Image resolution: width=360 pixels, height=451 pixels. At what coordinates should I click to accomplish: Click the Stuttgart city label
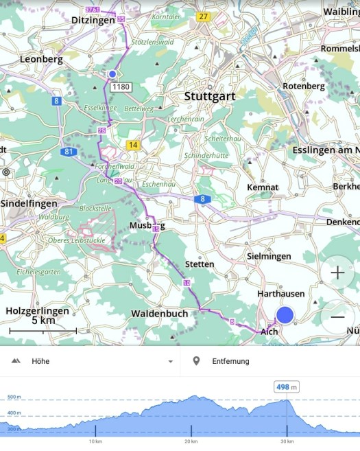pyautogui.click(x=209, y=96)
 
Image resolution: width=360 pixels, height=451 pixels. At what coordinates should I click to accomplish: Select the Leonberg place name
pyautogui.click(x=41, y=59)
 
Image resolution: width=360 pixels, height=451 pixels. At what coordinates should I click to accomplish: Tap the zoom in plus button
pyautogui.click(x=337, y=273)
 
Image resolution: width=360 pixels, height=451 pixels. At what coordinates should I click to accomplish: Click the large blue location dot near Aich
pyautogui.click(x=285, y=315)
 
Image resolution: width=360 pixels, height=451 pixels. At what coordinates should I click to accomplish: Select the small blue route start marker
pyautogui.click(x=112, y=73)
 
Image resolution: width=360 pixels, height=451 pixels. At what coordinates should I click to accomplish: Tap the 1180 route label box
pyautogui.click(x=121, y=87)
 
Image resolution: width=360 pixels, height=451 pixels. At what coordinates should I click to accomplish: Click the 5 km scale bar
pyautogui.click(x=43, y=331)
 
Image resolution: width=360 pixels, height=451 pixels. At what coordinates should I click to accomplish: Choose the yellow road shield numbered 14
pyautogui.click(x=132, y=145)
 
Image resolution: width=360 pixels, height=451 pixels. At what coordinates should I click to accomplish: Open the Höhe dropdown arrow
pyautogui.click(x=170, y=361)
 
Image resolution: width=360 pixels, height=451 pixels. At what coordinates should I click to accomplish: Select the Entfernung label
pyautogui.click(x=230, y=361)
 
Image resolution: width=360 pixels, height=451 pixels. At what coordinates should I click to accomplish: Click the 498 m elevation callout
pyautogui.click(x=287, y=387)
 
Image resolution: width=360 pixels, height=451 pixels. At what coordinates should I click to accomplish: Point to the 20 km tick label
pyautogui.click(x=191, y=441)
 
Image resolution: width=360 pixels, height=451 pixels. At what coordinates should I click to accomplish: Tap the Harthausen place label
pyautogui.click(x=280, y=293)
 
